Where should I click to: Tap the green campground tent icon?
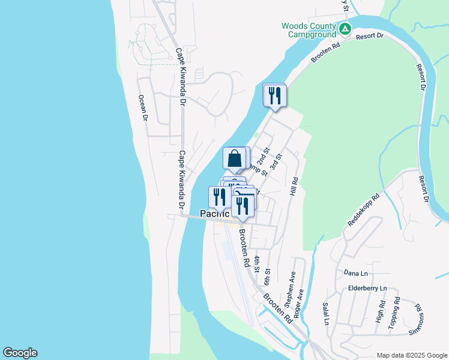coord(345,29)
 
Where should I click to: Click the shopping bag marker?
coord(235,159)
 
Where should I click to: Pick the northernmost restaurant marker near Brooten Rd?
coord(275,96)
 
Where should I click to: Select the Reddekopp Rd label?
coord(364,209)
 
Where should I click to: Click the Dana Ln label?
coord(355,274)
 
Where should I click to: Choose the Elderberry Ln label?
coord(367,289)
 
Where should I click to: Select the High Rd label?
coord(380,312)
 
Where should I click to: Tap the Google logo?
coord(20,353)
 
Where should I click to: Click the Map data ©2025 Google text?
coord(412,355)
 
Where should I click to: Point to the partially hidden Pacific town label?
coord(214,214)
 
